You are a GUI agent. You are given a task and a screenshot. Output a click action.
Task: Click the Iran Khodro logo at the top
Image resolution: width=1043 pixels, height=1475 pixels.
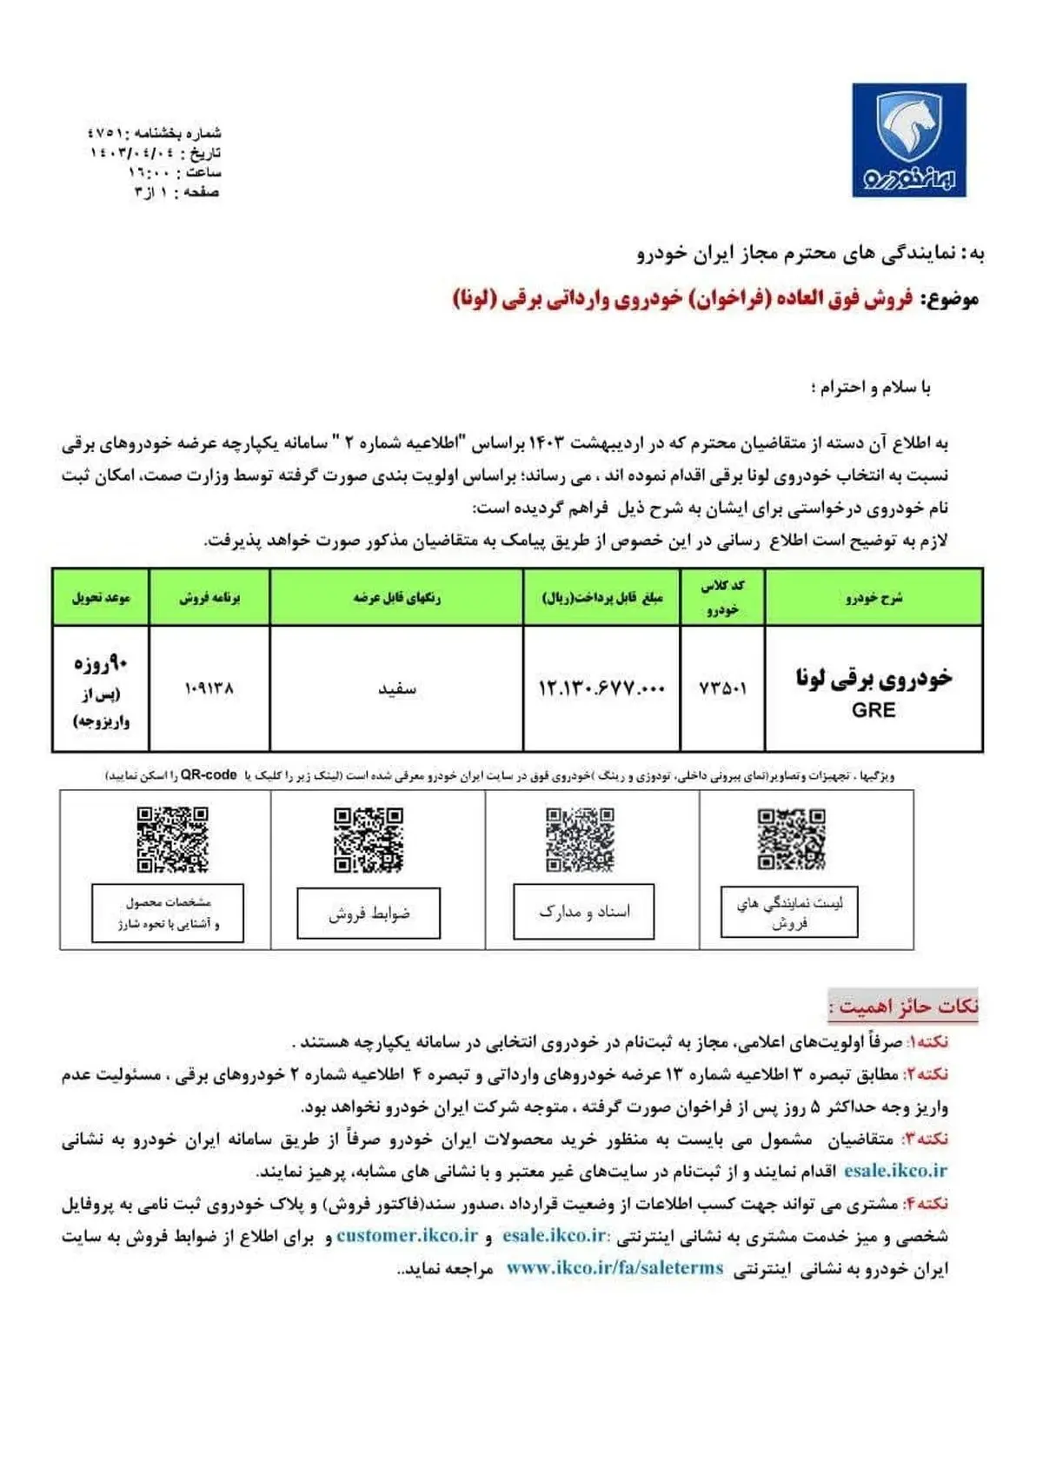[908, 140]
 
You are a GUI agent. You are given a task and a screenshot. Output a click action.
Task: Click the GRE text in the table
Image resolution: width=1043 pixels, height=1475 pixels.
[874, 710]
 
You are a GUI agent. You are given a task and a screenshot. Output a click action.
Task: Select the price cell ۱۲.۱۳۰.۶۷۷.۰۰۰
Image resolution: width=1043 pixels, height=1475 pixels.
[601, 688]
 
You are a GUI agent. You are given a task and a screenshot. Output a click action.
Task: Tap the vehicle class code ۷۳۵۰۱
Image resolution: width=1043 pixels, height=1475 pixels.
[722, 688]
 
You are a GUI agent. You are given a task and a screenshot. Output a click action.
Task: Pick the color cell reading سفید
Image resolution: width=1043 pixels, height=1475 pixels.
[396, 689]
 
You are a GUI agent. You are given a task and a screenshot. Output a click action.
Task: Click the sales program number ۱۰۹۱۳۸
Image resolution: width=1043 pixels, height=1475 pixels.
[209, 688]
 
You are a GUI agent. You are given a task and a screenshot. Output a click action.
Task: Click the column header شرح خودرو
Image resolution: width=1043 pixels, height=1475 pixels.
[874, 597]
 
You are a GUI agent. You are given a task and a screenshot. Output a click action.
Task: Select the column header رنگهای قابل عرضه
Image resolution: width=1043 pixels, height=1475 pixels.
[396, 597]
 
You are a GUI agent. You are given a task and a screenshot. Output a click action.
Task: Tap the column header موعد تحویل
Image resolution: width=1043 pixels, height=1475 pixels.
[101, 597]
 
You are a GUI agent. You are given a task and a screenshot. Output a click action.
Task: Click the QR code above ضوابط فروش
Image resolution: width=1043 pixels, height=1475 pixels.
[369, 840]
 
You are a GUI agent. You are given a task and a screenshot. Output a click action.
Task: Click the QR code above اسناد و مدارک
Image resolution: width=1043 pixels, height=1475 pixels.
[580, 840]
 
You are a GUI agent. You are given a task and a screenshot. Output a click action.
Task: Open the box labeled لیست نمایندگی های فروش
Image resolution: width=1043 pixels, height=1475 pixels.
[789, 913]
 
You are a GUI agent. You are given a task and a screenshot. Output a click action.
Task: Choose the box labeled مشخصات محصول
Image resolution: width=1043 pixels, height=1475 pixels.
[168, 913]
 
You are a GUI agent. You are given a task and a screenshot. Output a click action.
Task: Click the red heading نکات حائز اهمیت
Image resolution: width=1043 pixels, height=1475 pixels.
[904, 1007]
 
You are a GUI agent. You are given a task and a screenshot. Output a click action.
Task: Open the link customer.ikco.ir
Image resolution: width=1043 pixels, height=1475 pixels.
[408, 1235]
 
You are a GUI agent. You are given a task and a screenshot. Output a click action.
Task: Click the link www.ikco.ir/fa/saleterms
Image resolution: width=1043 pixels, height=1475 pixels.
[615, 1268]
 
